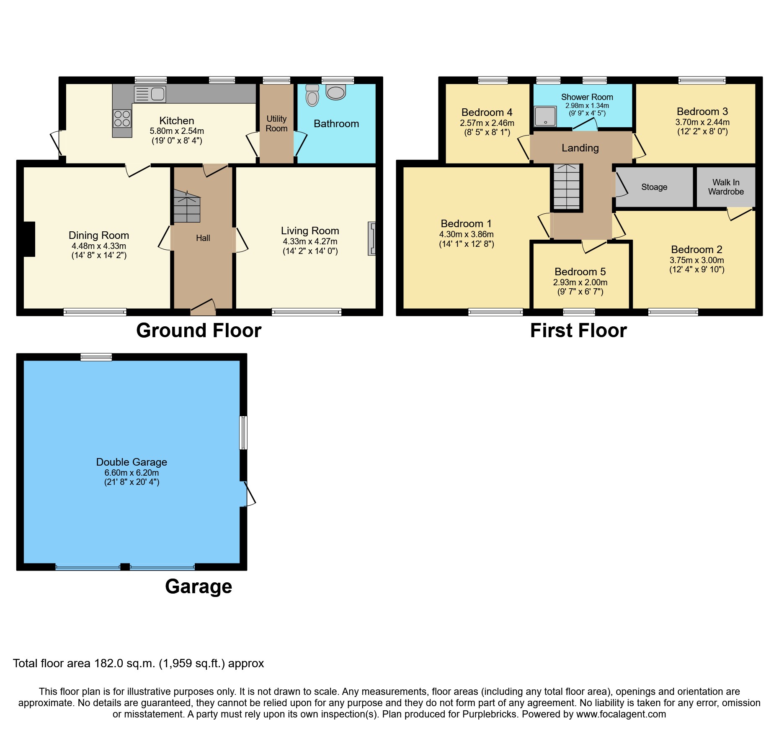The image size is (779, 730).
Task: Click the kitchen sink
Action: tap(150, 94)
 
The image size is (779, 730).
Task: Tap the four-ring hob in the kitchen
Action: tap(122, 118)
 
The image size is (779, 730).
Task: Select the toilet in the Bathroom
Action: tap(312, 95)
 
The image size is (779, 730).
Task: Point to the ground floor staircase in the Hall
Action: tap(187, 207)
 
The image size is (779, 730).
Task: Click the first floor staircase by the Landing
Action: tap(567, 187)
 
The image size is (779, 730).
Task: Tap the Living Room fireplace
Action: tap(371, 238)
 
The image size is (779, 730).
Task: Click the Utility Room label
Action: tap(276, 123)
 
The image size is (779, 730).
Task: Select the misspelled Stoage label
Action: tap(654, 187)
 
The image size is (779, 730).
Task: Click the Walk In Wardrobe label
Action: tap(726, 187)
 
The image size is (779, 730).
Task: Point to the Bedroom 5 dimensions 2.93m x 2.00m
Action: tap(580, 282)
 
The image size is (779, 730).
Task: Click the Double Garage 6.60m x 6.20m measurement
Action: tap(132, 473)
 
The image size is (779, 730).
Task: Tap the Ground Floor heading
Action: tap(199, 330)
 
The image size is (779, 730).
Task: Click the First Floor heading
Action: tap(578, 330)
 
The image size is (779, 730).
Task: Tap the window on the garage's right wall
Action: tap(243, 433)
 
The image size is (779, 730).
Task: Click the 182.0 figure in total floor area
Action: tap(109, 663)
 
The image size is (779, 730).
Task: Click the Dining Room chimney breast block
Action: tap(29, 239)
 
